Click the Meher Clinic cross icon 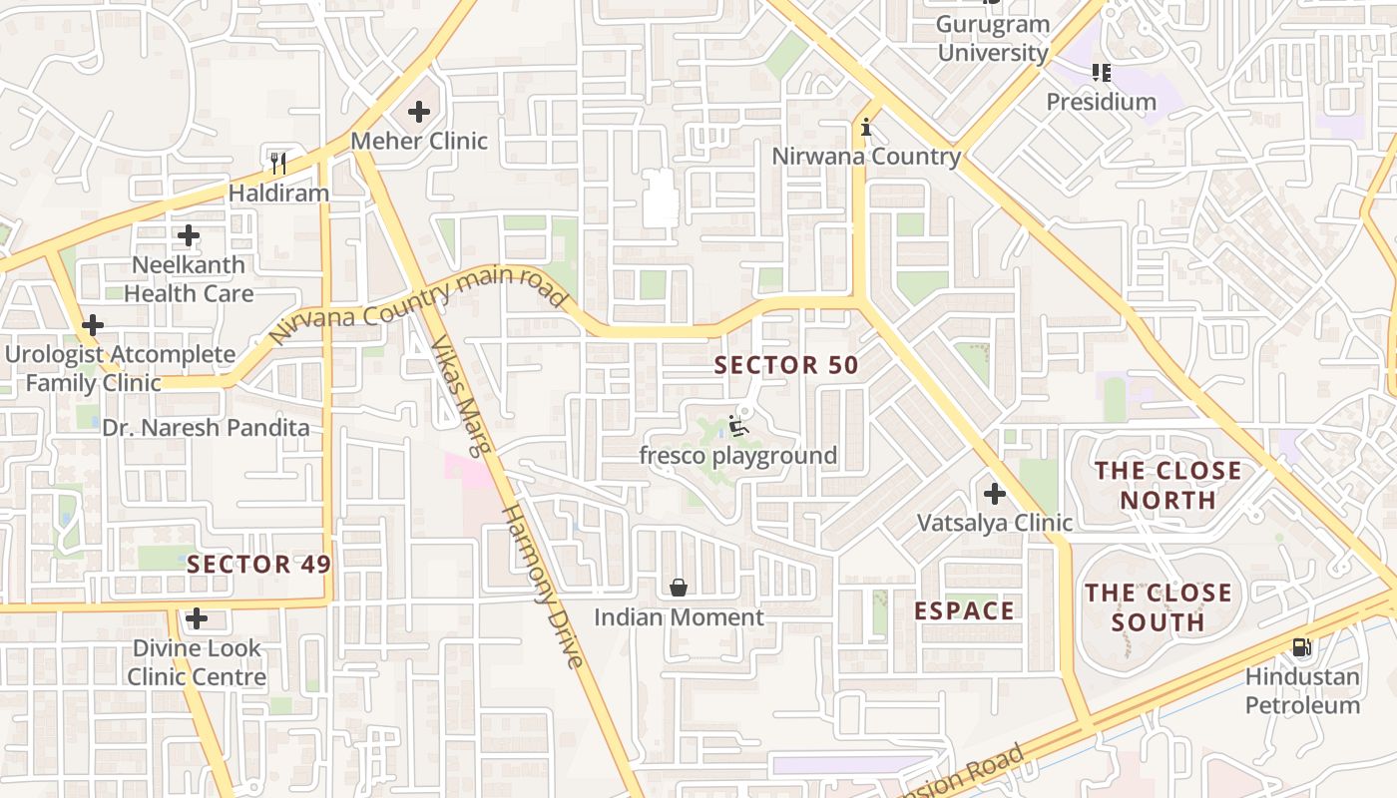419,112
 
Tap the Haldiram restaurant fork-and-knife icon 278,163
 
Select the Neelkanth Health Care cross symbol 189,236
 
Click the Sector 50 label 786,365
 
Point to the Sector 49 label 258,564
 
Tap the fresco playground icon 738,427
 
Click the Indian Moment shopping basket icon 679,588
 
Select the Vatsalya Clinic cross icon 995,493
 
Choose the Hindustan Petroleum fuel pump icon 1301,647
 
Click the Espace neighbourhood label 965,610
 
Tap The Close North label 1168,485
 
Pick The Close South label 1159,607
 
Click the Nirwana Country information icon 866,128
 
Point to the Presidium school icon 1101,72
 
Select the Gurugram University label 994,39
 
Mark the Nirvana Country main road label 418,305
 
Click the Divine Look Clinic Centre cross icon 197,618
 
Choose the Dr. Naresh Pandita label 206,428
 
